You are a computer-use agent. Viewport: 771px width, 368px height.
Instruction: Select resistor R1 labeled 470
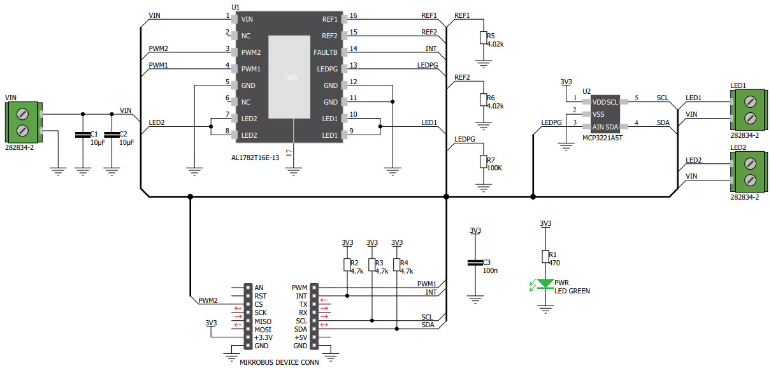[545, 256]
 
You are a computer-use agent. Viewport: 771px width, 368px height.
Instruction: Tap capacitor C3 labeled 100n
[474, 262]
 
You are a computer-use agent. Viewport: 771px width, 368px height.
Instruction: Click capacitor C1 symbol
[82, 135]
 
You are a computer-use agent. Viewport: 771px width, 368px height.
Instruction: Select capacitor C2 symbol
[112, 135]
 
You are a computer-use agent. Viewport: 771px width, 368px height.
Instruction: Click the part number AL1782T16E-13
[256, 156]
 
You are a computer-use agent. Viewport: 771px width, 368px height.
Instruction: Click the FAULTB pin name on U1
[325, 52]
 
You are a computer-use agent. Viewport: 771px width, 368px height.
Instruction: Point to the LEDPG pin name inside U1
[326, 69]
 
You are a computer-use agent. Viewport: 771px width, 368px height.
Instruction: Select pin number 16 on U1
[354, 15]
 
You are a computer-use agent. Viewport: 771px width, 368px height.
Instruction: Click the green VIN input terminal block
[23, 122]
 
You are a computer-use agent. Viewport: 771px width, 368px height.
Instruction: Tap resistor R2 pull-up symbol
[347, 265]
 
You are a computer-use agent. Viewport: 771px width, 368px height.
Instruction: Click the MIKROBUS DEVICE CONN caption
[278, 362]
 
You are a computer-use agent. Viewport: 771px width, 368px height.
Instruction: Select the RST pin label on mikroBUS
[259, 296]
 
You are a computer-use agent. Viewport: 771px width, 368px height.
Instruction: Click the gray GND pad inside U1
[291, 77]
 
